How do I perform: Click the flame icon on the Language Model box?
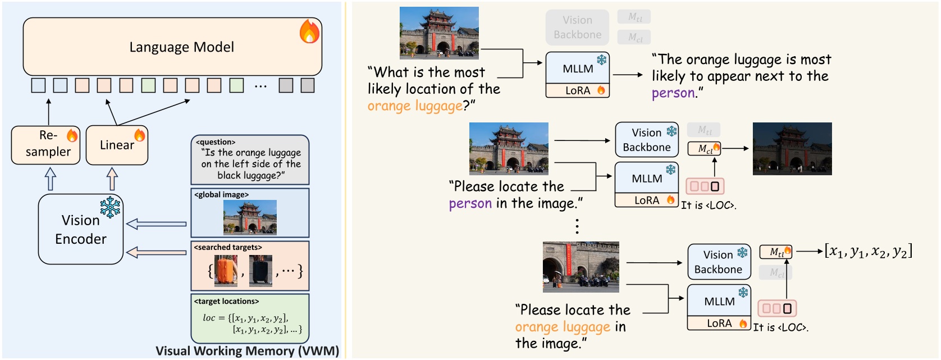tap(309, 31)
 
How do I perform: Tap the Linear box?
tap(117, 145)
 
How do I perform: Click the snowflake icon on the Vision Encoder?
tap(110, 207)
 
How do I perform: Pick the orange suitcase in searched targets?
tap(226, 271)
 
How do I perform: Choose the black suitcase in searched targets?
tap(261, 271)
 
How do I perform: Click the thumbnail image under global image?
tap(250, 217)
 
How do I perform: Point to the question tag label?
tap(216, 142)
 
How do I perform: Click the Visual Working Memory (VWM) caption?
tap(247, 351)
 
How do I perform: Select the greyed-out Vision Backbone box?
tap(577, 27)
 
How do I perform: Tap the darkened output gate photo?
tap(792, 149)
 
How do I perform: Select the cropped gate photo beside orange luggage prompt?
tap(581, 267)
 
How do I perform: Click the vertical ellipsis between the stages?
tap(577, 226)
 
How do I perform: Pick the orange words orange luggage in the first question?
tap(415, 106)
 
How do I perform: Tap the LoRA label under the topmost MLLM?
tap(578, 90)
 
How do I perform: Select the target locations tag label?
tap(226, 301)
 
